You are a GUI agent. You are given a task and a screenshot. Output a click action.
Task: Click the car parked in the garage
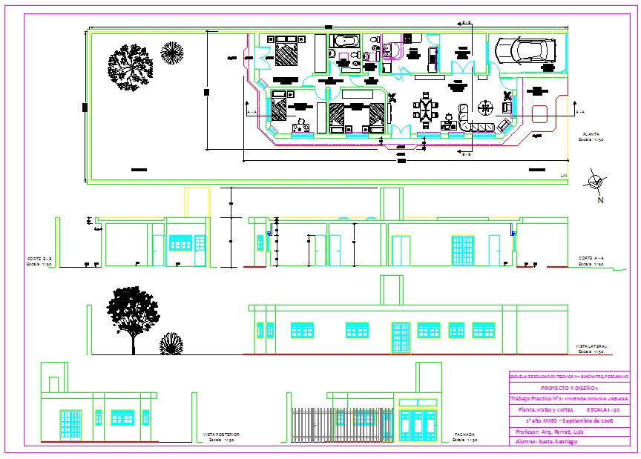(x=522, y=49)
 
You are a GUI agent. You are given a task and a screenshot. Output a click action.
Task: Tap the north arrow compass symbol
(x=594, y=180)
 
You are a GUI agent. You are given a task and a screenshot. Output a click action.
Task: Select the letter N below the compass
(x=599, y=199)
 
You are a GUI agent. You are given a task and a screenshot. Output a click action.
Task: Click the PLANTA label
(x=591, y=134)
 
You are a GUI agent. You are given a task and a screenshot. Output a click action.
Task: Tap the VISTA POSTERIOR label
(x=221, y=435)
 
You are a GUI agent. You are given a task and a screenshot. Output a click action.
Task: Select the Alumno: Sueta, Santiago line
(x=547, y=441)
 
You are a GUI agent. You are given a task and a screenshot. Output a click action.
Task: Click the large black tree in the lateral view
(x=133, y=311)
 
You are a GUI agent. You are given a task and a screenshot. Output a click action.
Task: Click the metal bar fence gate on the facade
(x=342, y=425)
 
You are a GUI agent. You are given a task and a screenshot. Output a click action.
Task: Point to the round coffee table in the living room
(x=484, y=108)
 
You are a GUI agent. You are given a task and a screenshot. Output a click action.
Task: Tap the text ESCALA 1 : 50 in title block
(x=608, y=409)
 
